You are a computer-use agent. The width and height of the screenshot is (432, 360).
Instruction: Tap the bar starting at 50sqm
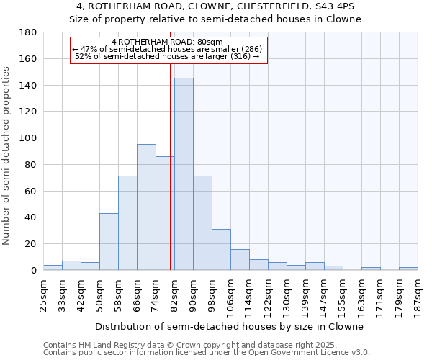coord(109,242)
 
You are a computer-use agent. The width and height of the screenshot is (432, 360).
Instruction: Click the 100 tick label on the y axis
coord(28,138)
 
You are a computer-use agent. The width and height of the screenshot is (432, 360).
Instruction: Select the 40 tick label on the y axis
coord(31,217)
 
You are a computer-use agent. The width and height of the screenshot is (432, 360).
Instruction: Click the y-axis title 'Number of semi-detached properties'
coord(7,156)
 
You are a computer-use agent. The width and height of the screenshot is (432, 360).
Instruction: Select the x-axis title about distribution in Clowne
coord(230,326)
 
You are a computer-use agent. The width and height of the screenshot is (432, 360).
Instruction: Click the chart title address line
coord(215,6)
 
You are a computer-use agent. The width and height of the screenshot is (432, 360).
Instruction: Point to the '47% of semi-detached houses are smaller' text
coord(167,49)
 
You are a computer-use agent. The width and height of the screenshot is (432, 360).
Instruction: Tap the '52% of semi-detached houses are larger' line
coord(167,56)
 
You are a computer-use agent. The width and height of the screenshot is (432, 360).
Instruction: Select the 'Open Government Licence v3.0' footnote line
coord(207,352)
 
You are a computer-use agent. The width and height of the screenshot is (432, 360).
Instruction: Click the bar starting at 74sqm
coord(165,213)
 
